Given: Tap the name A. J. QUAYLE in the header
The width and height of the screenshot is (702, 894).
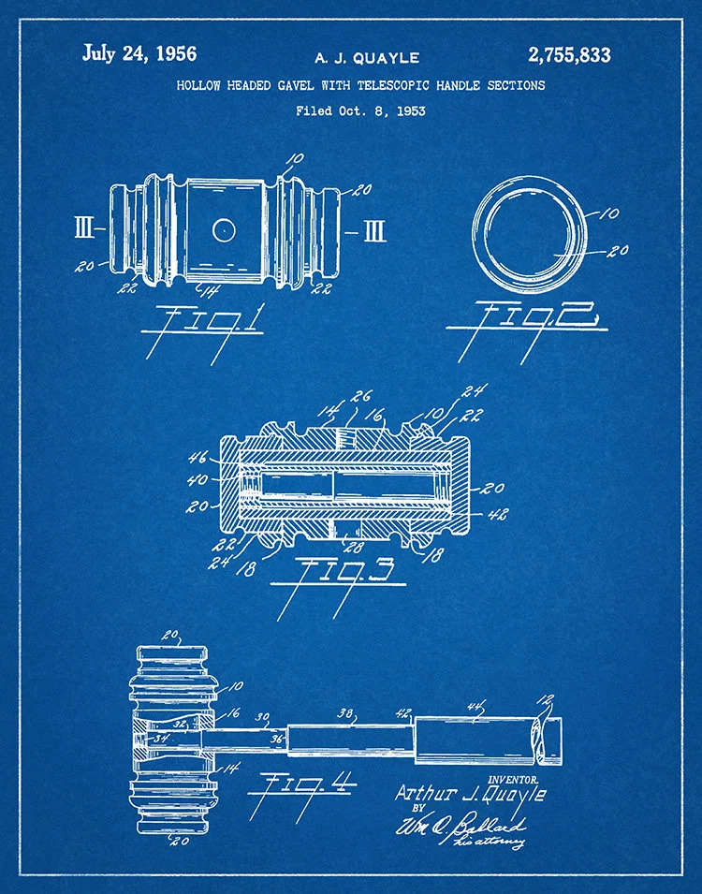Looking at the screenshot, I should tap(366, 58).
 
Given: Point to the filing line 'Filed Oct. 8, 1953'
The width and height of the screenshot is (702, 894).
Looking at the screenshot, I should tap(360, 110).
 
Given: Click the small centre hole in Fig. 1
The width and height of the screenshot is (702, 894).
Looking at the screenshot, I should tap(223, 227).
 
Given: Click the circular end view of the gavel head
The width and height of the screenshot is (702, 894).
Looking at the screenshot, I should tap(529, 232).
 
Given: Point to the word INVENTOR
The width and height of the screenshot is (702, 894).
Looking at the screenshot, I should tap(513, 778).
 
